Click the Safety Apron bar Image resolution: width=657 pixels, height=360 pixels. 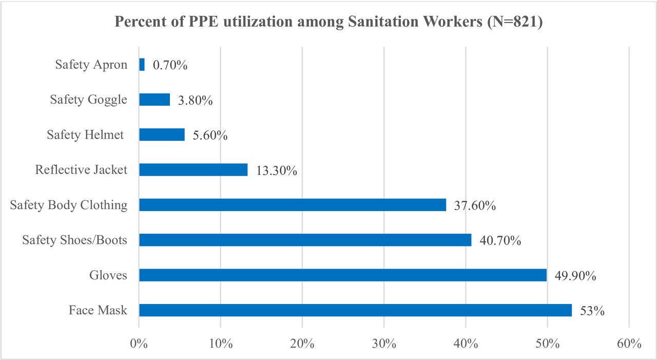click(x=142, y=65)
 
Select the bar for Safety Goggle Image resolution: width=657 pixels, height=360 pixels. click(x=154, y=100)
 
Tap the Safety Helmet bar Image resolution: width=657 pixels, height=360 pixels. click(x=162, y=135)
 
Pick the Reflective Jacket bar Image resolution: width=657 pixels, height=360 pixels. click(x=194, y=169)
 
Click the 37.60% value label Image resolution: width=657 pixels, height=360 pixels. click(x=475, y=205)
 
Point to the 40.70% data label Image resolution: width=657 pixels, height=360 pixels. click(x=500, y=240)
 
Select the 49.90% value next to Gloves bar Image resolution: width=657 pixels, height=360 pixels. click(x=575, y=276)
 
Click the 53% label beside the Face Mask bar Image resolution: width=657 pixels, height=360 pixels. click(x=592, y=311)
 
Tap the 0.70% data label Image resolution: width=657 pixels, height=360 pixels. click(x=170, y=65)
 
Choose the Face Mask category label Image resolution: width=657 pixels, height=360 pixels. click(x=98, y=310)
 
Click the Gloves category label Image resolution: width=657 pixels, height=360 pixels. click(x=108, y=275)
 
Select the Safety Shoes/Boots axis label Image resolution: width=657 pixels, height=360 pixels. click(x=75, y=240)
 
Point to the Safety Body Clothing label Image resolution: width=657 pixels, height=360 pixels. click(x=69, y=205)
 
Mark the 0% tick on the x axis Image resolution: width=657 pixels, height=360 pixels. click(x=139, y=344)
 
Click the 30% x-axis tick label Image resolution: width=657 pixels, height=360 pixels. click(x=384, y=344)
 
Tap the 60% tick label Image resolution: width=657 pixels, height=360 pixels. click(x=629, y=344)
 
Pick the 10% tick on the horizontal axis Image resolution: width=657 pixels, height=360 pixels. click(x=221, y=344)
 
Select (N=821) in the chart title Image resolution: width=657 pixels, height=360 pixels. click(x=515, y=22)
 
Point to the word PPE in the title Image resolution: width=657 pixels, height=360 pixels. click(x=203, y=22)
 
